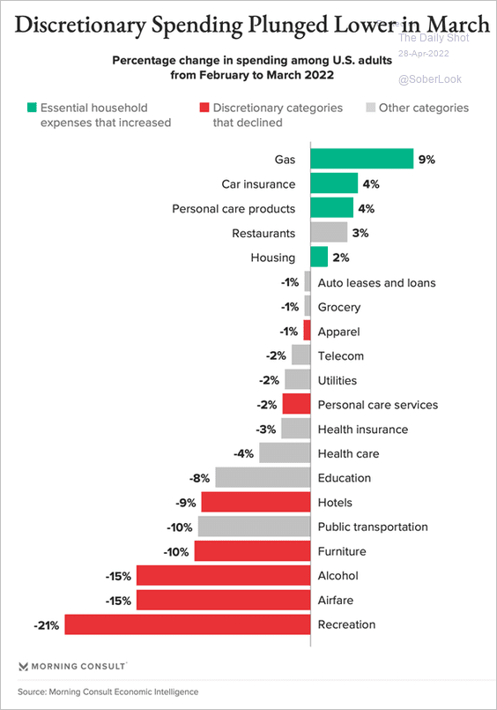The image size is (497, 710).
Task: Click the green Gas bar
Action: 362,159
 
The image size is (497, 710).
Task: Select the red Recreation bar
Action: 188,624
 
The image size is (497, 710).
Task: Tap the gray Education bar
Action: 263,477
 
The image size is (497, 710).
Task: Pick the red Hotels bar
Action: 256,502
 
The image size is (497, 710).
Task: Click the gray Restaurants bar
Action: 329,232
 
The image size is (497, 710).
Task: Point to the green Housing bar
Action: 319,257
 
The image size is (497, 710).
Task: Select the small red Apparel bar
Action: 307,330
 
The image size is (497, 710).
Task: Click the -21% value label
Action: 47,625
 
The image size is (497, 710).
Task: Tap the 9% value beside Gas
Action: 427,160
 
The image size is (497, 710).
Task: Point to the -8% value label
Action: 199,478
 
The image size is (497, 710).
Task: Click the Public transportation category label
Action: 373,527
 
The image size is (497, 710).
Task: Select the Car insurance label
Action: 258,184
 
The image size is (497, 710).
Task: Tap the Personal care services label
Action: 378,405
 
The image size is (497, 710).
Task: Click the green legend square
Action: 32,108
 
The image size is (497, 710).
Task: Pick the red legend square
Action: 204,108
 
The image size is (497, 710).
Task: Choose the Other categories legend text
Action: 424,108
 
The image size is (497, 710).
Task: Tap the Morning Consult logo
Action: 72,666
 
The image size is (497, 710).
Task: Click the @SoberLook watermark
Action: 430,79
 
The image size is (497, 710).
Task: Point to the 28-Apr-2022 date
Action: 423,54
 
